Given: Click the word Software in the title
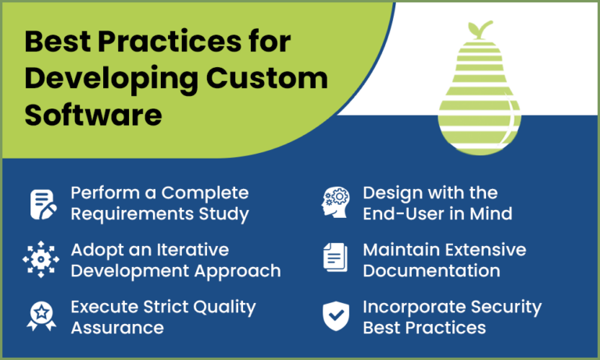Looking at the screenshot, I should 93,115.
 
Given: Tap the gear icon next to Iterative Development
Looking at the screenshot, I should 42,260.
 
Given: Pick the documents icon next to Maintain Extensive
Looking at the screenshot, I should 336,260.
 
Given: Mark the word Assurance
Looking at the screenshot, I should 117,327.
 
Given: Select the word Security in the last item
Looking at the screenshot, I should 499,307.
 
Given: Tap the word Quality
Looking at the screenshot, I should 222,307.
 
